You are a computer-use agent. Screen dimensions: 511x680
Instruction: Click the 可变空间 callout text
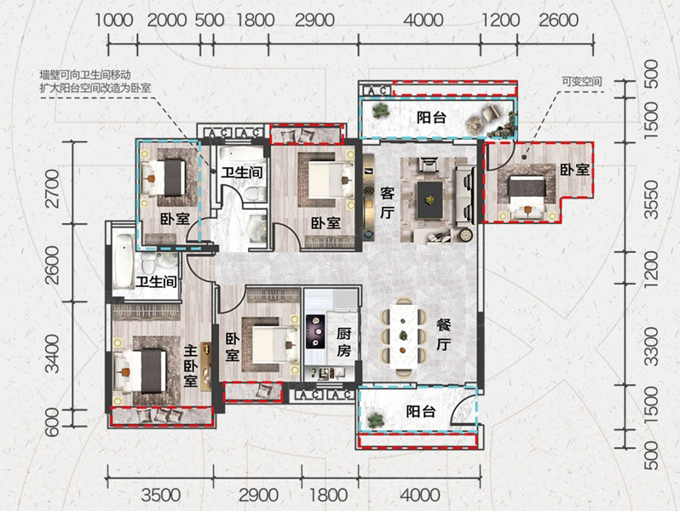pos(581,82)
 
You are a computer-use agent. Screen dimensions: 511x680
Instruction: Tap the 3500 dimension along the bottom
pos(158,494)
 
